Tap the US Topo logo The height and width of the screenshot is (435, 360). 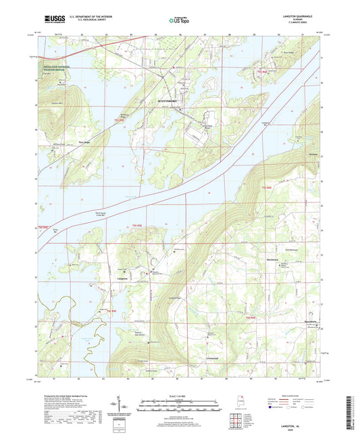click(x=179, y=20)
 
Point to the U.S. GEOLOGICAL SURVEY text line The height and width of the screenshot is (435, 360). click(x=86, y=22)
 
